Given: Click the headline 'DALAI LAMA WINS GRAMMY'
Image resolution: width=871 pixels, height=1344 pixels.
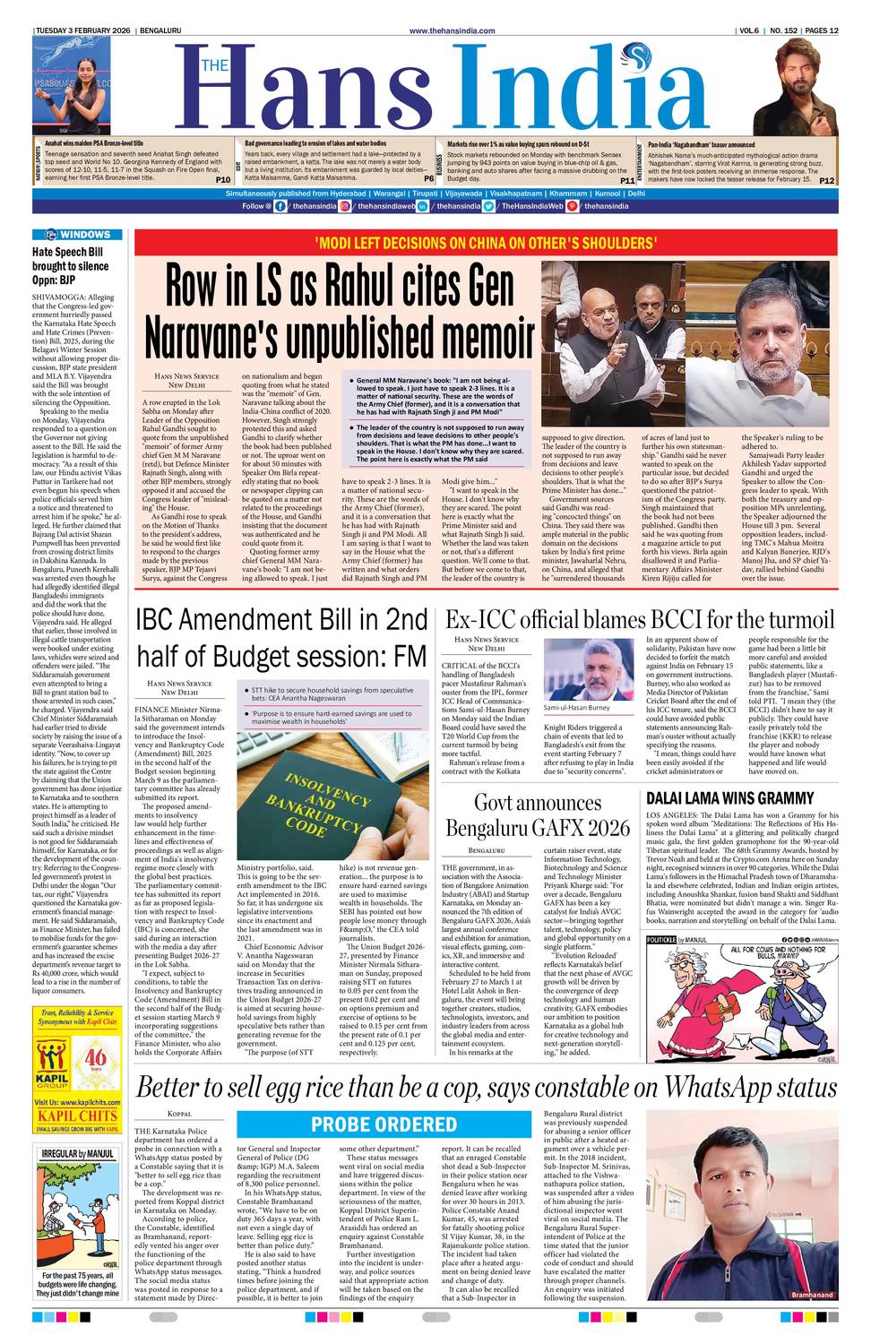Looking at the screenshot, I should [x=729, y=798].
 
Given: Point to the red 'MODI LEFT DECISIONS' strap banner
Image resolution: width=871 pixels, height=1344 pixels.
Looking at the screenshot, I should [x=484, y=243].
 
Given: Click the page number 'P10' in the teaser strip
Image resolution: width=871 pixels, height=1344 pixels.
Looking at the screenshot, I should [x=223, y=180].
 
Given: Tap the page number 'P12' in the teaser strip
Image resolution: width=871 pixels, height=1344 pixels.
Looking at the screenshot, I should [x=826, y=180].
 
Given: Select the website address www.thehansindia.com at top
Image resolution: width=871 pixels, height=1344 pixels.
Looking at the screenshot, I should [x=452, y=30].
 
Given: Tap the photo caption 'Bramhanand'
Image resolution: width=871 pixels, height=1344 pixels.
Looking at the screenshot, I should [x=812, y=1295].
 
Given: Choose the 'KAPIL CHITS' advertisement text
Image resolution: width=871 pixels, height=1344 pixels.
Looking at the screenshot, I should [x=77, y=1116].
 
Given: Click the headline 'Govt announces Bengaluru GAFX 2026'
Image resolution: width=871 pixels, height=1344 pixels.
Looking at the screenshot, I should [x=538, y=814].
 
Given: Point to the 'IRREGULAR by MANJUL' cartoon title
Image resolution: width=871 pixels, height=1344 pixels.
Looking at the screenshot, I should [x=77, y=1153].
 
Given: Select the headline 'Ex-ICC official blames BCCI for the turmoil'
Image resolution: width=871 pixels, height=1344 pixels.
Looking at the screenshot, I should [x=639, y=620].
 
